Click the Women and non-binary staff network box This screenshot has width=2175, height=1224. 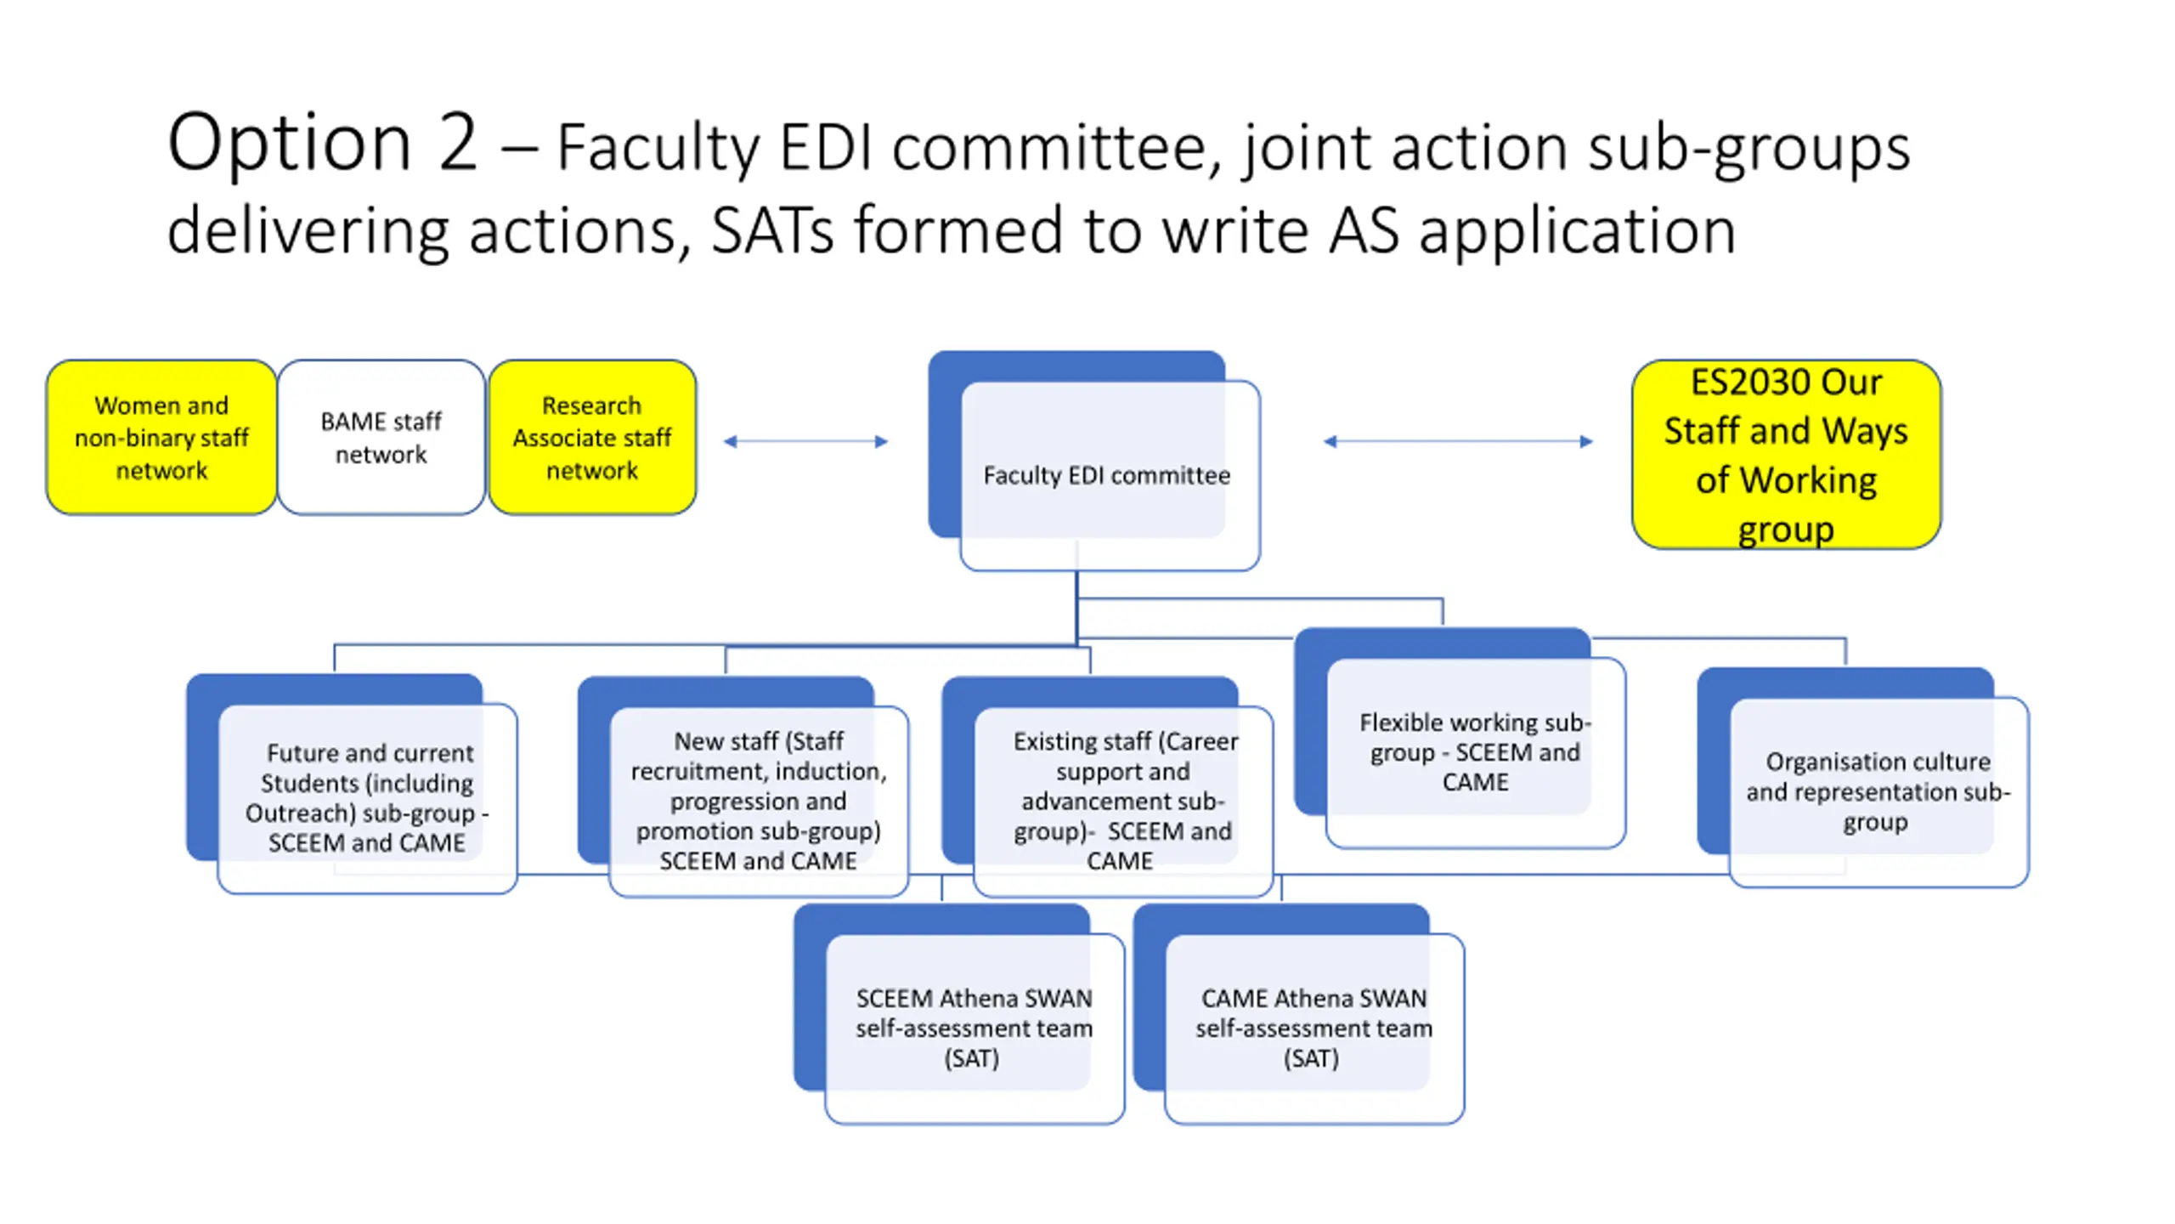[161, 437]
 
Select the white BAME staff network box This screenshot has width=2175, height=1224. [381, 437]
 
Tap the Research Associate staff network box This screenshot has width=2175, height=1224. [592, 437]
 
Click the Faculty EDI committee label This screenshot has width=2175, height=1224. [1106, 475]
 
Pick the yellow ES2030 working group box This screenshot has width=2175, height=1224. [1786, 454]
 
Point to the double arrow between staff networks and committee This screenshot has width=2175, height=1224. [805, 441]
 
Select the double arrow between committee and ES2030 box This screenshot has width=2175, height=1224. [1458, 441]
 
